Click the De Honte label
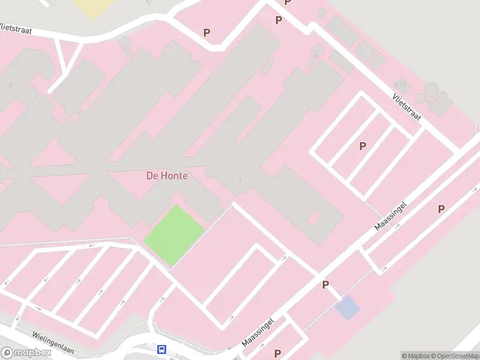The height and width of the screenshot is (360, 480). pyautogui.click(x=167, y=176)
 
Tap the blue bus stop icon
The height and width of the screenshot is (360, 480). pyautogui.click(x=161, y=349)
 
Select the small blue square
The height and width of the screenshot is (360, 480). pyautogui.click(x=347, y=308)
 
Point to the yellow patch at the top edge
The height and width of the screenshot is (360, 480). pyautogui.click(x=93, y=7)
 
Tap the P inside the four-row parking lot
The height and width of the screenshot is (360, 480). pyautogui.click(x=362, y=146)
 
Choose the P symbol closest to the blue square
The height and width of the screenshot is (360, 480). pyautogui.click(x=326, y=284)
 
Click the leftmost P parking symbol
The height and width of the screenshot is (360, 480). pyautogui.click(x=207, y=32)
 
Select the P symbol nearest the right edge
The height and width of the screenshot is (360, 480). pyautogui.click(x=441, y=209)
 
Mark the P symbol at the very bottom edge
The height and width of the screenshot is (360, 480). pyautogui.click(x=277, y=353)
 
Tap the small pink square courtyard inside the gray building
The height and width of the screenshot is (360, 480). pyautogui.click(x=314, y=217)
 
